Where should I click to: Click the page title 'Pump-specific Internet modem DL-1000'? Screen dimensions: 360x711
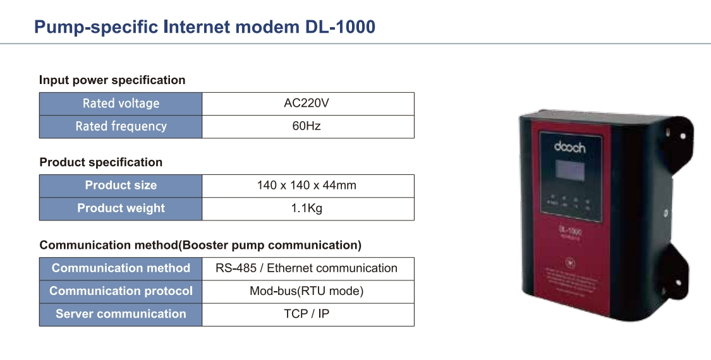point(204,27)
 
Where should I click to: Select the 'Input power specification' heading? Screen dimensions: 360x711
point(112,80)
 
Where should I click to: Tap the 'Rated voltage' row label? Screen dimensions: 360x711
point(121,104)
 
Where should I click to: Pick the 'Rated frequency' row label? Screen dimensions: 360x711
point(121,126)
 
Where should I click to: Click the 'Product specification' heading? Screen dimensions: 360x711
point(100,162)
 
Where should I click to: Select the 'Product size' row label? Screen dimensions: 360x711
point(121,186)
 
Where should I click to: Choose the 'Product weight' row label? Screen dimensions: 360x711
point(121,208)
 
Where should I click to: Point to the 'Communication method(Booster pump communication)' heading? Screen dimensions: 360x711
point(200,245)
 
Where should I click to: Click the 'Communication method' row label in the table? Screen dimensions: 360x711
point(121,268)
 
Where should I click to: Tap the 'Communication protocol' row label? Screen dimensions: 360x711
point(121,291)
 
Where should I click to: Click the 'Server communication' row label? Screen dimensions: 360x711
point(121,314)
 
